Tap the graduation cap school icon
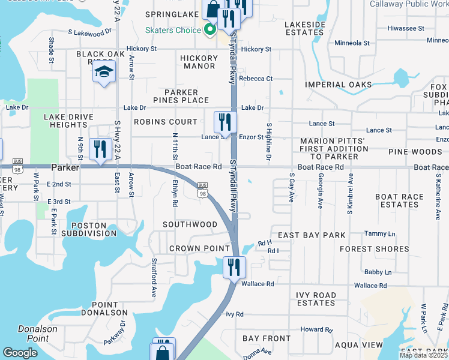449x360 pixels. (x=104, y=73)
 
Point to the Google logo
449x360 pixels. (x=20, y=353)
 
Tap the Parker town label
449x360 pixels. (x=65, y=167)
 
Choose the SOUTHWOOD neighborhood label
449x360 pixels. (x=190, y=224)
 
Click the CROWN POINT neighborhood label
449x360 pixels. (x=199, y=248)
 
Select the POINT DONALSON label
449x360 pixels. (x=110, y=308)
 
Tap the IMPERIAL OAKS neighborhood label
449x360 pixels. (x=338, y=85)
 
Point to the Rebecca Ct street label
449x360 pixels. (x=256, y=79)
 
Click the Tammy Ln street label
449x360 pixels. (x=379, y=233)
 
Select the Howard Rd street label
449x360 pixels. (x=316, y=329)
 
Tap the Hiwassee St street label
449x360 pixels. (x=406, y=28)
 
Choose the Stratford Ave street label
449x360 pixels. (x=154, y=271)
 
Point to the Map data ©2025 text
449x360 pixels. (x=423, y=355)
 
